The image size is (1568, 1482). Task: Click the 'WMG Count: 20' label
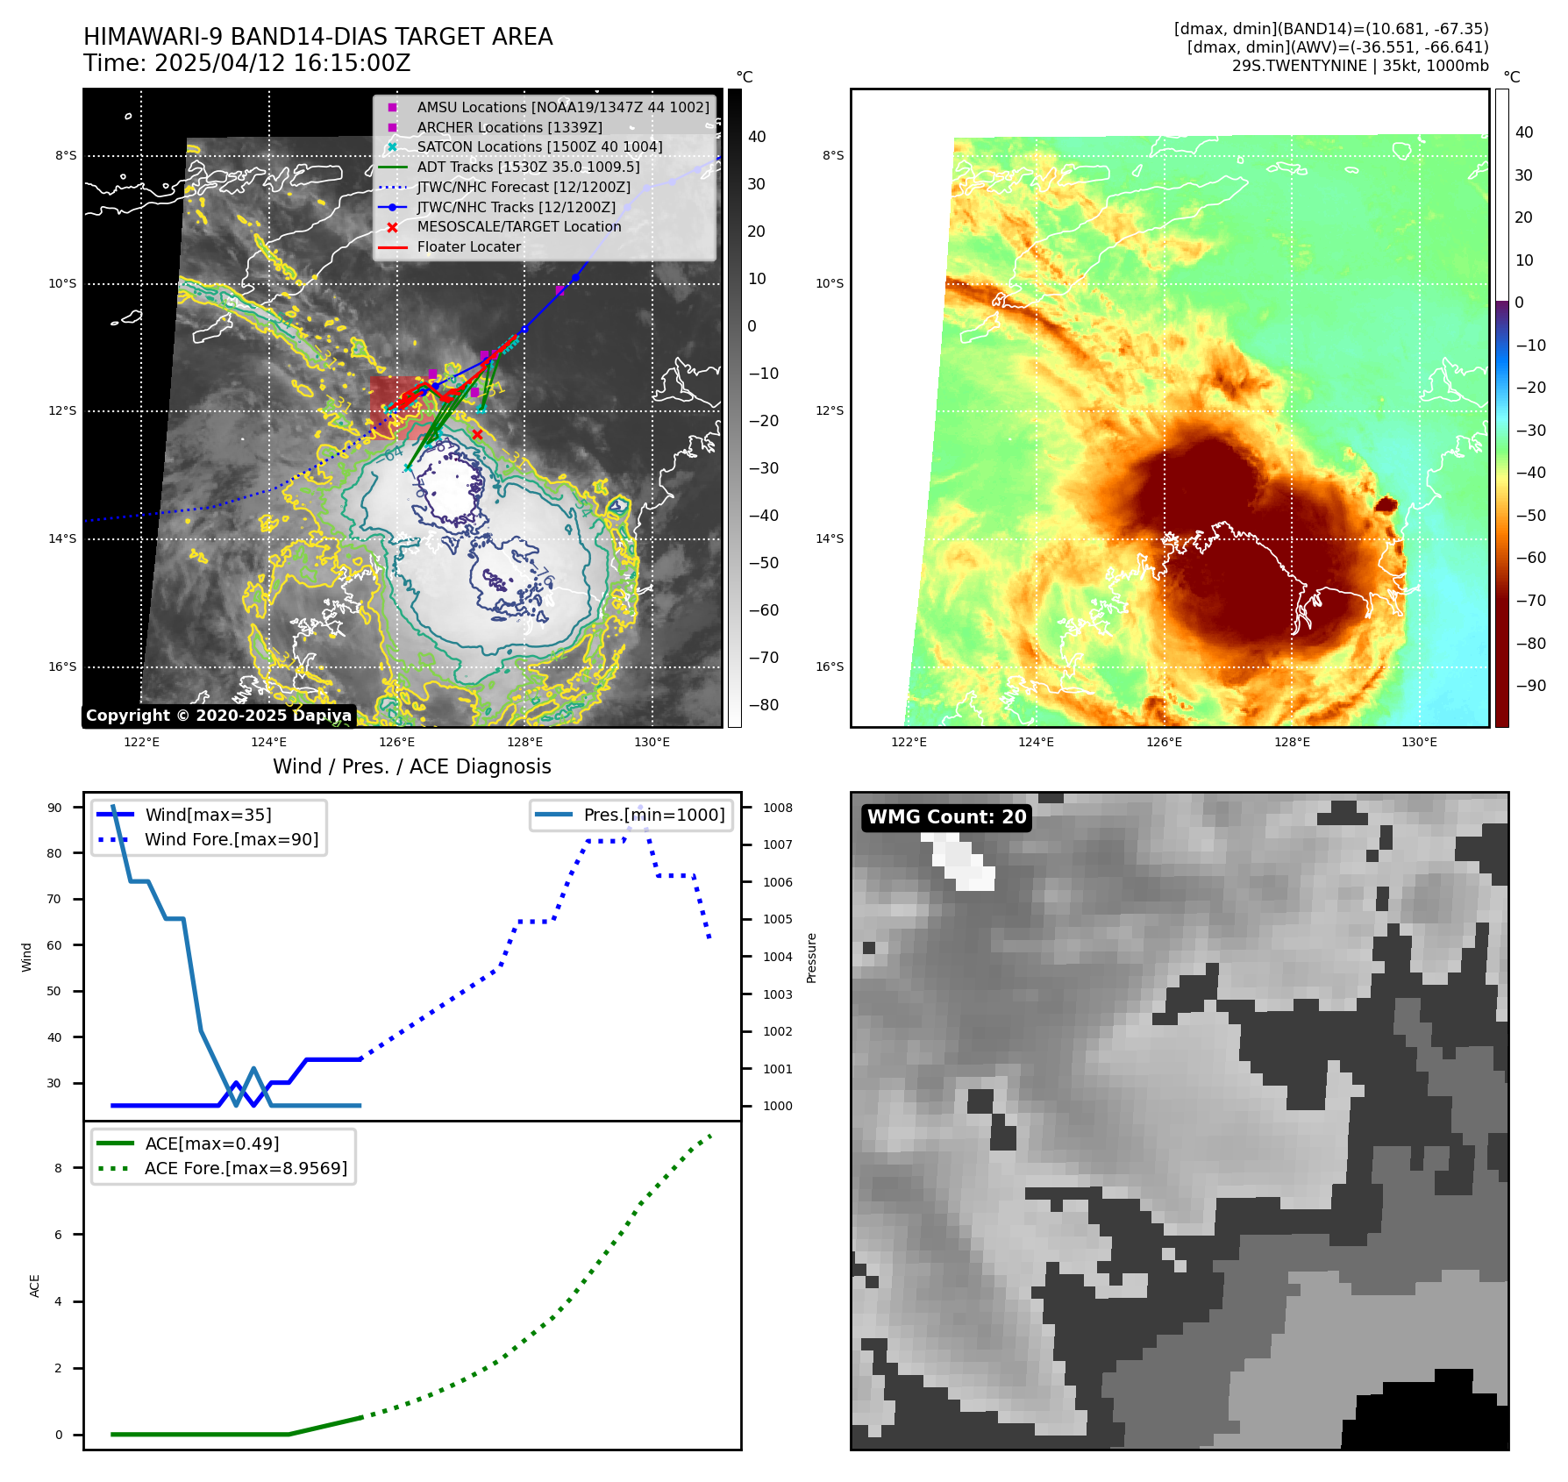coord(946,817)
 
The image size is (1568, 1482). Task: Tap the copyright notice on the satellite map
coord(218,716)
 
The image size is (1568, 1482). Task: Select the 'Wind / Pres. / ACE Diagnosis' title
coord(411,766)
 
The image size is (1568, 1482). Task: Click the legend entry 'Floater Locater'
coord(468,247)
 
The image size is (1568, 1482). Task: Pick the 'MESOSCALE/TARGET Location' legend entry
coord(518,227)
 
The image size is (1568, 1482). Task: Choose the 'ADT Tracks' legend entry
coord(528,167)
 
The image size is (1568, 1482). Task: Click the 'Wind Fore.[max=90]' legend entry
coord(231,839)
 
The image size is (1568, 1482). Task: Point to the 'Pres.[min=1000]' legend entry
coord(653,815)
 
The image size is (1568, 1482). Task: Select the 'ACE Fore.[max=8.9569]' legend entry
coord(246,1168)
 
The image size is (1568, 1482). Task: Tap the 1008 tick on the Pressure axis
coord(777,808)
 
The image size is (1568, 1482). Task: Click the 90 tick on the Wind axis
coord(54,808)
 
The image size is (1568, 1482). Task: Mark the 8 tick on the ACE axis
coord(59,1168)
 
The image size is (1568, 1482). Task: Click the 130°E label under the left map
coord(652,743)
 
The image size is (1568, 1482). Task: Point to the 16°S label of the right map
coord(830,666)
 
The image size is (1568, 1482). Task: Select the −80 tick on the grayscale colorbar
coord(763,705)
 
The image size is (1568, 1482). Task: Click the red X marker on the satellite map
coord(477,434)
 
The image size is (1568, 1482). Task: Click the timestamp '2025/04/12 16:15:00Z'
coord(281,63)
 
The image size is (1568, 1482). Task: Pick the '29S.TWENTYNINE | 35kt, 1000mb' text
coord(1359,66)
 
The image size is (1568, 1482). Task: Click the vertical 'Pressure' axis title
coord(812,958)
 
